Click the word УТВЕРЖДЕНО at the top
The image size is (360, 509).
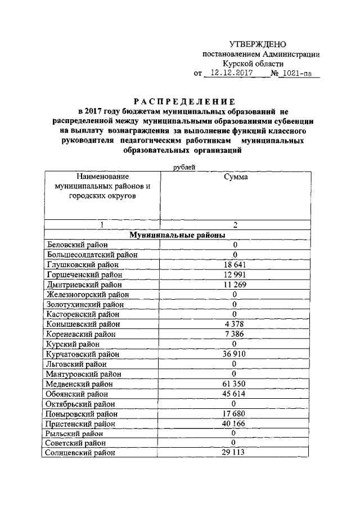258,44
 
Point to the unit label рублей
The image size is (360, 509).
186,166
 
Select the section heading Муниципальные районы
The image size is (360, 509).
177,235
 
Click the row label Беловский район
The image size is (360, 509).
79,245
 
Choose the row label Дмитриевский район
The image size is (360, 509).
84,285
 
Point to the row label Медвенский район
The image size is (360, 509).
80,384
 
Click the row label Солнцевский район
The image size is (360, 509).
82,453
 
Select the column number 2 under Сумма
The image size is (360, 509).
235,224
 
